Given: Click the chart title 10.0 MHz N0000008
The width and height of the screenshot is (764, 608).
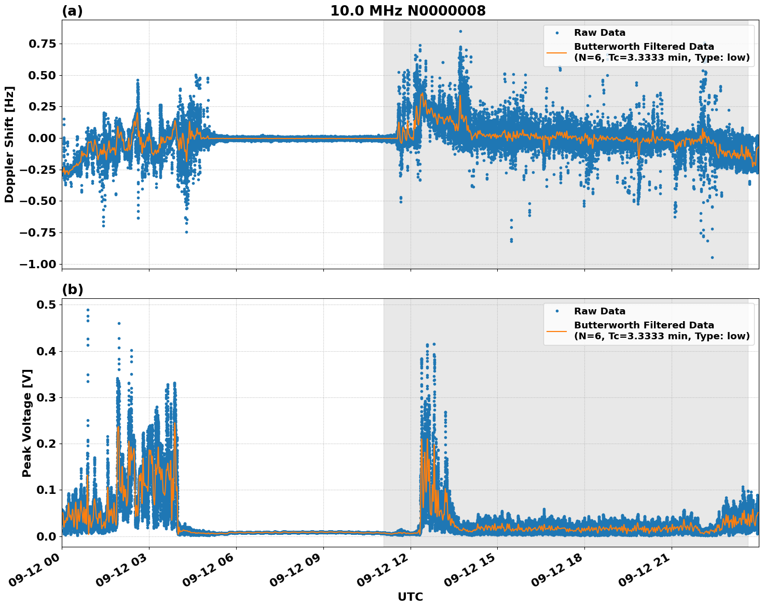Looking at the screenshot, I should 408,11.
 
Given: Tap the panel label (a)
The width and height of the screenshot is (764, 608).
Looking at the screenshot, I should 72,11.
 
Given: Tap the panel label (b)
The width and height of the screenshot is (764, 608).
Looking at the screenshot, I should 72,289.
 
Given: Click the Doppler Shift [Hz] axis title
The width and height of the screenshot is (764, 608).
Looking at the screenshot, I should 9,144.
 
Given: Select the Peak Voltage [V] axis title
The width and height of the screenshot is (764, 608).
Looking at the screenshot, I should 27,423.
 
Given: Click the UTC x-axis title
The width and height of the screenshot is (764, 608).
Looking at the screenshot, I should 410,597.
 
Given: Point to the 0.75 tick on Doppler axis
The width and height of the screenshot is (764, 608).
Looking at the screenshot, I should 42,44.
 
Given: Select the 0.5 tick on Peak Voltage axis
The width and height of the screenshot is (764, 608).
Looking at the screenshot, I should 47,305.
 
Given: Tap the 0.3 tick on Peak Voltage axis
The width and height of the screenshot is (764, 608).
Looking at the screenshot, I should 47,397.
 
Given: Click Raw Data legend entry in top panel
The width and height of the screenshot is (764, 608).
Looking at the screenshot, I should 599,33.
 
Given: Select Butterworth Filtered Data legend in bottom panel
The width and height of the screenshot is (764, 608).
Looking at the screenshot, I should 661,330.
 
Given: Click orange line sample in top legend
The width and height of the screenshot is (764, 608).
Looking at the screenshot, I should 557,52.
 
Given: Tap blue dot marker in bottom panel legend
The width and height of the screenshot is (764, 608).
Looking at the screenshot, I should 557,311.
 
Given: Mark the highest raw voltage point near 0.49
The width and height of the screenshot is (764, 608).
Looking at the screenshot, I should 88,310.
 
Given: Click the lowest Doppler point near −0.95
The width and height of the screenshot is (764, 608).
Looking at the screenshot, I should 712,257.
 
